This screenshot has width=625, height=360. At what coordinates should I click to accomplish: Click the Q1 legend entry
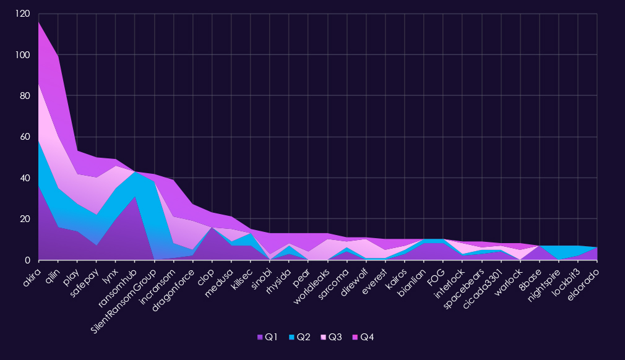(x=268, y=337)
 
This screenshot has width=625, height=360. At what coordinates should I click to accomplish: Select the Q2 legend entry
(x=300, y=337)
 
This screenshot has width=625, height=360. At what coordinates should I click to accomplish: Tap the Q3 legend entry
(x=331, y=337)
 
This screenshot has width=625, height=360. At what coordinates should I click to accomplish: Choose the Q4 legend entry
(x=363, y=337)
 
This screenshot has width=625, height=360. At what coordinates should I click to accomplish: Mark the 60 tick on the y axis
(x=24, y=137)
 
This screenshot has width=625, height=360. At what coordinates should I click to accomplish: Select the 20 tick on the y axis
(x=24, y=219)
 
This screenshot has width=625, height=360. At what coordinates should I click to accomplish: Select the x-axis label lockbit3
(x=567, y=278)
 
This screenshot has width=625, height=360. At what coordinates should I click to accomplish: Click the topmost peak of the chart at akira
(x=38, y=22)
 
